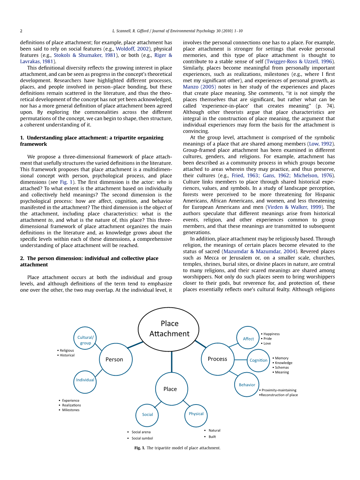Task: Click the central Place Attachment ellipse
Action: click(x=169, y=329)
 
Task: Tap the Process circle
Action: click(x=218, y=359)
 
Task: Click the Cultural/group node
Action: click(x=85, y=340)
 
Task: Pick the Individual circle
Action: click(x=85, y=380)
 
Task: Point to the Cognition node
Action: click(x=258, y=360)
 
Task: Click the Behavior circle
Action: click(x=247, y=385)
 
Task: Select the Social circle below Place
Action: click(x=147, y=415)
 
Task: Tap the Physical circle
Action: click(x=196, y=414)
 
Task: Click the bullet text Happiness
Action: click(x=271, y=334)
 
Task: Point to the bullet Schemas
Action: click(x=282, y=368)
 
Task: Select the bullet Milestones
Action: click(x=70, y=410)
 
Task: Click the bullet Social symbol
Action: click(x=142, y=438)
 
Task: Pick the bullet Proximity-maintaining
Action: click(x=279, y=390)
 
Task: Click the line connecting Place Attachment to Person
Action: click(x=135, y=344)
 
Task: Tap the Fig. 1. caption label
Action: click(x=139, y=448)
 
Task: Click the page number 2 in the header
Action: click(x=21, y=31)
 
